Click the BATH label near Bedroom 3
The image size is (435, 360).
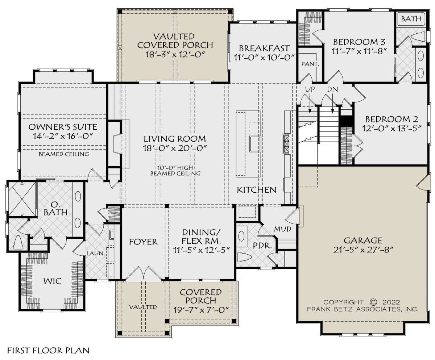click(x=411, y=19)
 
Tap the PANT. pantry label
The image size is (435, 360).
click(x=310, y=64)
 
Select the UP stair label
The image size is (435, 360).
click(x=310, y=89)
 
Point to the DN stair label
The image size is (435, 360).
click(x=332, y=89)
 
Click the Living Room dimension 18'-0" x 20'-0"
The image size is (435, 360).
click(x=175, y=148)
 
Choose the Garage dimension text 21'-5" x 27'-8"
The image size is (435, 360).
click(x=363, y=250)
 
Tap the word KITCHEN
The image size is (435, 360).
click(x=257, y=190)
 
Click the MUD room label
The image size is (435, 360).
click(x=282, y=229)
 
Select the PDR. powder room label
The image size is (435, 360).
click(x=262, y=246)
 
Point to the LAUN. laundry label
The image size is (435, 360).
click(x=96, y=254)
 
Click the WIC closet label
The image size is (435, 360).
click(x=52, y=281)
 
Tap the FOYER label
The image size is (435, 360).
click(x=143, y=242)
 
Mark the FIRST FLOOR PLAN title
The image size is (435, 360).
click(x=48, y=351)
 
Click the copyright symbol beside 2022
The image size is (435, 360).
click(x=373, y=302)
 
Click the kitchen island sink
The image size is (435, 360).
click(x=255, y=144)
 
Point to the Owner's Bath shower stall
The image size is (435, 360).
click(x=22, y=199)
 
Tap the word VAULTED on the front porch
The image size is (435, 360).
click(x=143, y=307)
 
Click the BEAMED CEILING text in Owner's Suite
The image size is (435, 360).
click(x=64, y=154)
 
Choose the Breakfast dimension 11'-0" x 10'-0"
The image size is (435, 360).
click(x=264, y=57)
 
